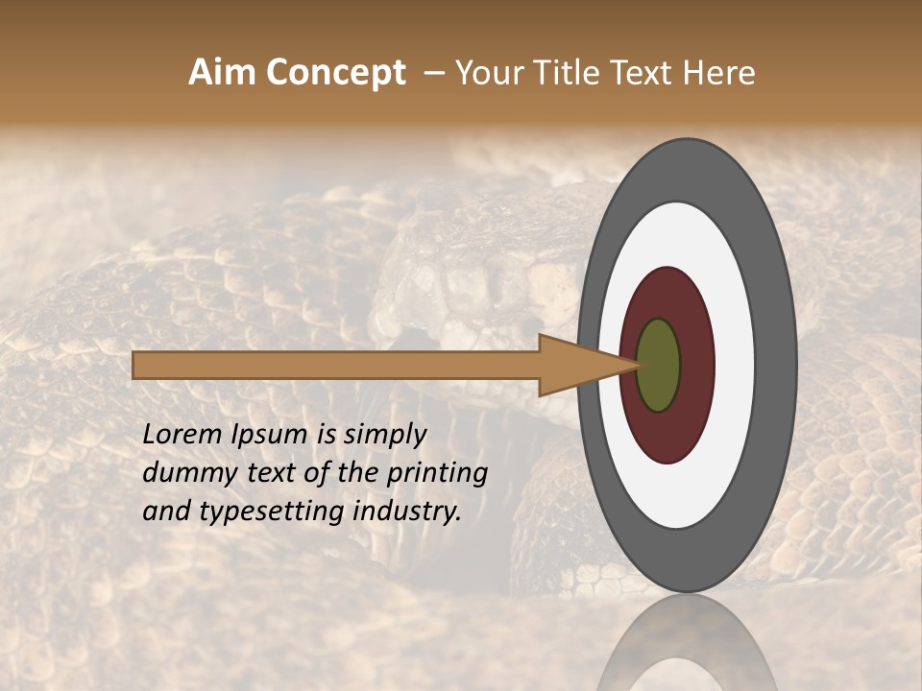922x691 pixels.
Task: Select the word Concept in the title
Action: pos(334,73)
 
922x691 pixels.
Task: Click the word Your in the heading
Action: pos(485,73)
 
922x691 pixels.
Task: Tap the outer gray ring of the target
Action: pos(776,366)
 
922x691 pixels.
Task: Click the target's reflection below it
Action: pos(687,648)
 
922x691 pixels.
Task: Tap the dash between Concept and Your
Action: pos(431,73)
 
